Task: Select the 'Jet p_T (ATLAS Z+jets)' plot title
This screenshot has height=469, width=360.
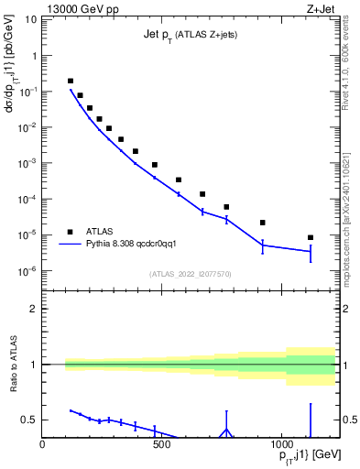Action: tap(183, 34)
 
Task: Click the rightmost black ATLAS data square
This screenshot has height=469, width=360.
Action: tap(311, 237)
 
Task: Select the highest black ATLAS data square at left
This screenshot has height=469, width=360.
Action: tap(71, 81)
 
